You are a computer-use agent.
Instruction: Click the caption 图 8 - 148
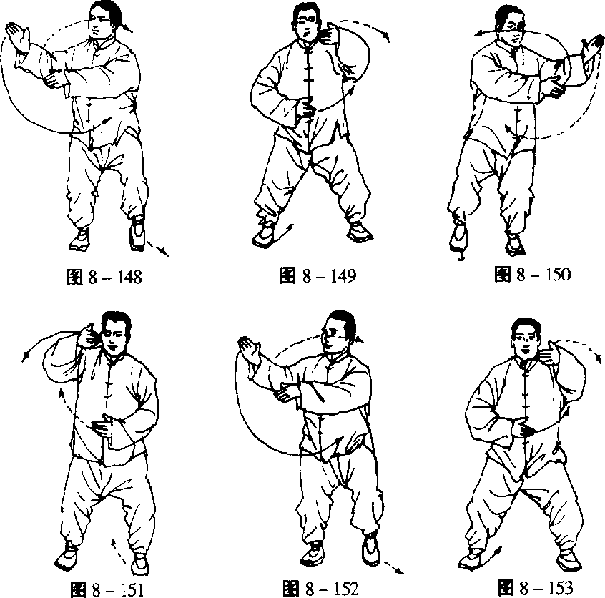click(x=104, y=277)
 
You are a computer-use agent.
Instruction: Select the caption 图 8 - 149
click(x=318, y=275)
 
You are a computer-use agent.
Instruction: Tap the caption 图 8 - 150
click(x=532, y=274)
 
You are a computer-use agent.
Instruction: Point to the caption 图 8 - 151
click(x=107, y=590)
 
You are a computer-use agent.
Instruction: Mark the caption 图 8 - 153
click(x=535, y=587)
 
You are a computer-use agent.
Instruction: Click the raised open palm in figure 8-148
click(x=18, y=36)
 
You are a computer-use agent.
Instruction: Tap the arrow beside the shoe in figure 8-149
click(x=285, y=232)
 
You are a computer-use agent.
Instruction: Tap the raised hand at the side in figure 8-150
click(x=592, y=48)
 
